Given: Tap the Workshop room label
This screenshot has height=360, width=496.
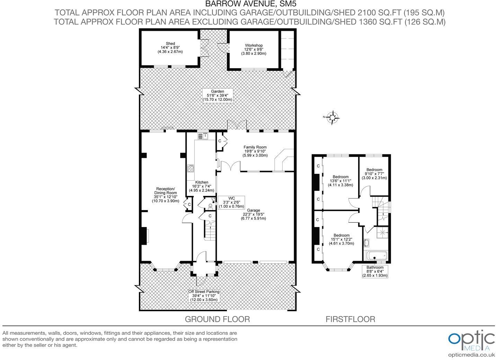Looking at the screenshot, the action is tap(254, 49).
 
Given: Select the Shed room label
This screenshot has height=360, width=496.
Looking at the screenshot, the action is tap(170, 47).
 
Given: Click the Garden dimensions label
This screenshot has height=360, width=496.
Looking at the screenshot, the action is tap(218, 96).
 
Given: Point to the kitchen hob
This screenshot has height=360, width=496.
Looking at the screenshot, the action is tap(191, 168).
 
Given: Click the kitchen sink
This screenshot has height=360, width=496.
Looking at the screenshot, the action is tap(203, 136).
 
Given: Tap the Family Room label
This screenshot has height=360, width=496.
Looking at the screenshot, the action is tap(255, 151).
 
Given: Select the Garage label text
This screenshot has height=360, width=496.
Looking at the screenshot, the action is tap(254, 214).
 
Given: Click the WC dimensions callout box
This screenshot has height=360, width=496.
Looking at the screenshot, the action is tap(232, 202).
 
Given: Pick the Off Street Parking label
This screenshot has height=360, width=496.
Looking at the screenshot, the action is tap(204, 296).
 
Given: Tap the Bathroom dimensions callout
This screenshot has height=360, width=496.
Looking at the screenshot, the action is tap(375, 271).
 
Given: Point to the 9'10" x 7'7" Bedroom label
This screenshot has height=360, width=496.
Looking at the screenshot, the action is tap(374, 174).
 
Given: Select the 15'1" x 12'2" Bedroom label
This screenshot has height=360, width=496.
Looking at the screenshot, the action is tap(342, 240).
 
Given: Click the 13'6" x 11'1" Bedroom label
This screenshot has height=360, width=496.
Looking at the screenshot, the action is tap(340, 181).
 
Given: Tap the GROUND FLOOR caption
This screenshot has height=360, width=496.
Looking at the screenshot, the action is tap(218, 319).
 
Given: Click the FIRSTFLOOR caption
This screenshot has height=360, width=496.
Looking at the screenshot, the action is tap(351, 319).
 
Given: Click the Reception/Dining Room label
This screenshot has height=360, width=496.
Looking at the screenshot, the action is tap(166, 195).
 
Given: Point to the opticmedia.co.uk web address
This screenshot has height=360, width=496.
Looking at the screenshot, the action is tap(471, 355).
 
